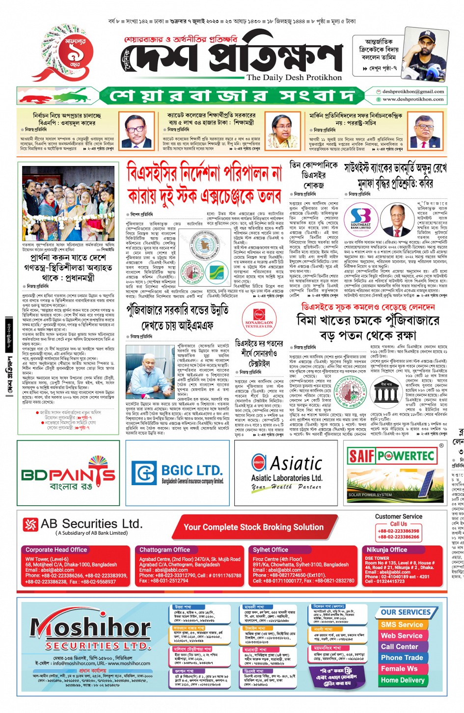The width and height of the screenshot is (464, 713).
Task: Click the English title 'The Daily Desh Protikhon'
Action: tap(294, 78)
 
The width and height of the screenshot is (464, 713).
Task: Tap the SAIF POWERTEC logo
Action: tap(391, 456)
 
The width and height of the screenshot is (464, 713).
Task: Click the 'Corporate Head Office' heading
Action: tap(56, 549)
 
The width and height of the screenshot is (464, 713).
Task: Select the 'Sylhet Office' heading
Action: tap(270, 549)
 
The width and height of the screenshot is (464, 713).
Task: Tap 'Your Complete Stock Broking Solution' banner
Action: tap(253, 527)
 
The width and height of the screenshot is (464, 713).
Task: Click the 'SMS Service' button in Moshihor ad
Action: tap(402, 625)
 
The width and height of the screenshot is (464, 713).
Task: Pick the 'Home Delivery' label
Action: tap(403, 680)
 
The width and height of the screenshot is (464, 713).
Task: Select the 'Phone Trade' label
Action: tap(402, 658)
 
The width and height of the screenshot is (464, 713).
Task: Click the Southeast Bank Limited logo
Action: tap(360, 219)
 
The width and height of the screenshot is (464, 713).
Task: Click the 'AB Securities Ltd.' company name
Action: tap(91, 524)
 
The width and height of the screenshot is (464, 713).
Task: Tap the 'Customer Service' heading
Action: tap(398, 517)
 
